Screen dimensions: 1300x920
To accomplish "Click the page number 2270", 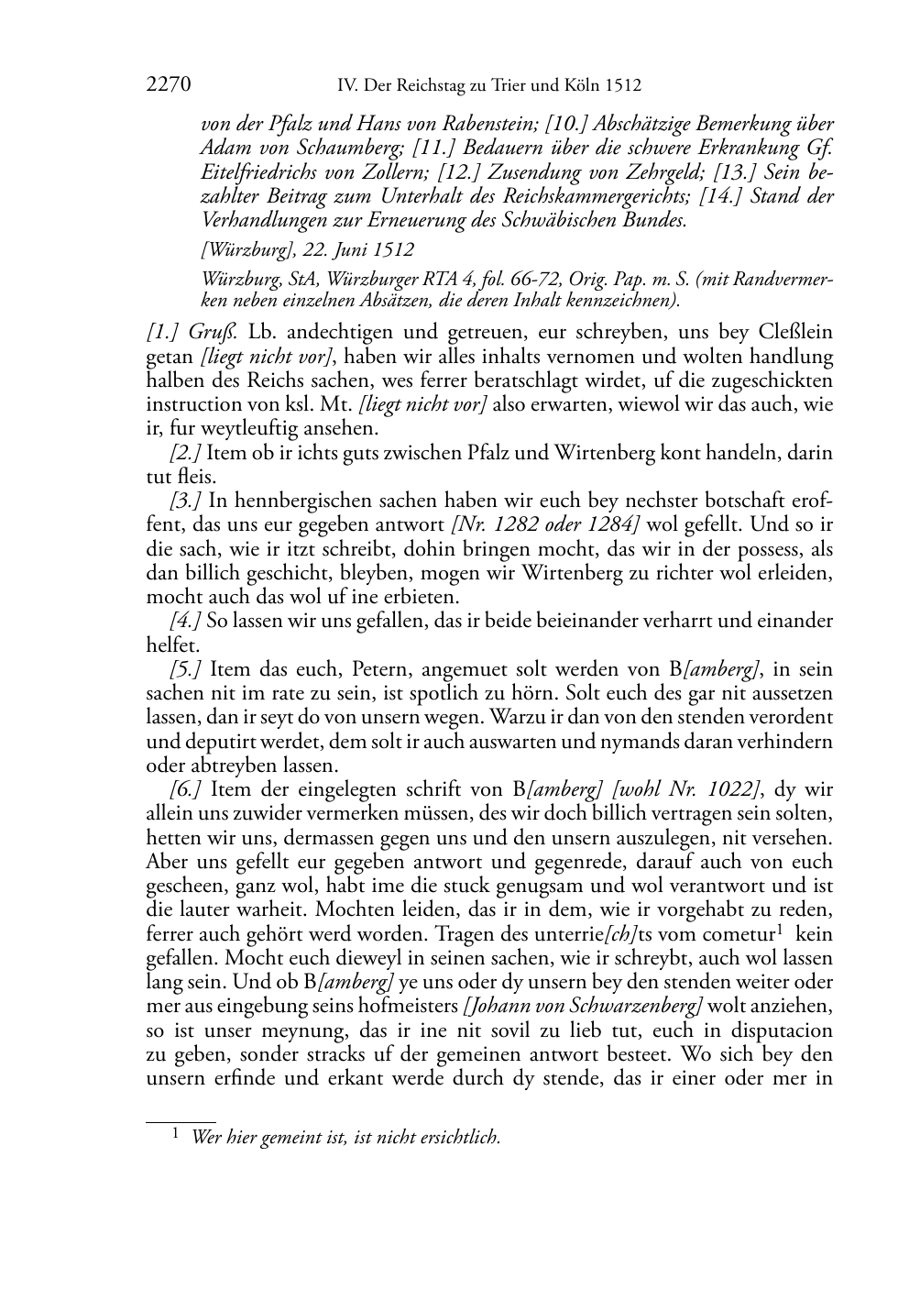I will [x=169, y=86].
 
